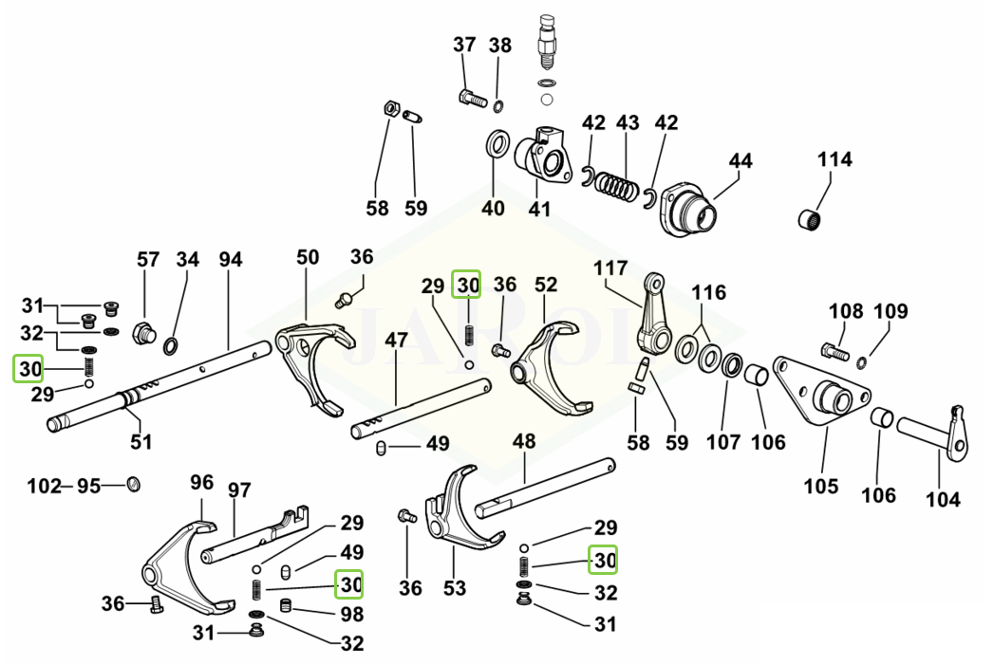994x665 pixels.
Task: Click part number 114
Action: point(835,159)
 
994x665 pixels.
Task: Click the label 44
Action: point(740,161)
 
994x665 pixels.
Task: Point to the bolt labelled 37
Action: point(472,99)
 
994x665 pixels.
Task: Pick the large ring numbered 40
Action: point(497,144)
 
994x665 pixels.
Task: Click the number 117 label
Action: point(610,268)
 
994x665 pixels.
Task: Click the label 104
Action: point(942,499)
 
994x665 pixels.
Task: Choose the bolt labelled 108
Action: point(835,351)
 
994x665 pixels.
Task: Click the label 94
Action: point(230,259)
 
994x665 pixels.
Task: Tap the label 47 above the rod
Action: point(396,341)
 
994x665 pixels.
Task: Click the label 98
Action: point(352,614)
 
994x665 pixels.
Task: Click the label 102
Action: point(45,487)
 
